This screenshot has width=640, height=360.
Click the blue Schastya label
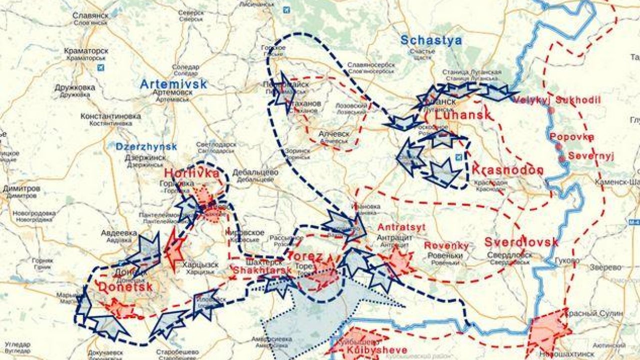pos(431,40)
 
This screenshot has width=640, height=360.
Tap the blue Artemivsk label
pos(173,84)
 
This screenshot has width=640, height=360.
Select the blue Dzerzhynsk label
pos(146,146)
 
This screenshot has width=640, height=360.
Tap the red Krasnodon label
pos(507,169)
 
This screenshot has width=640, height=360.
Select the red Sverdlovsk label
pos(521,242)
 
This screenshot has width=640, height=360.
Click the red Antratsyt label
pos(401,227)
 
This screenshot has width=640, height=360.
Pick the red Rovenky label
pos(446,245)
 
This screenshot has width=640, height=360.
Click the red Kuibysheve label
pos(369,350)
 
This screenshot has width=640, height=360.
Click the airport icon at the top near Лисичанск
pos(286,9)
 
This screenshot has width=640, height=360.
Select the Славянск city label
pos(90,15)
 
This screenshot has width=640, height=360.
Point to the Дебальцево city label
pos(255,172)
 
